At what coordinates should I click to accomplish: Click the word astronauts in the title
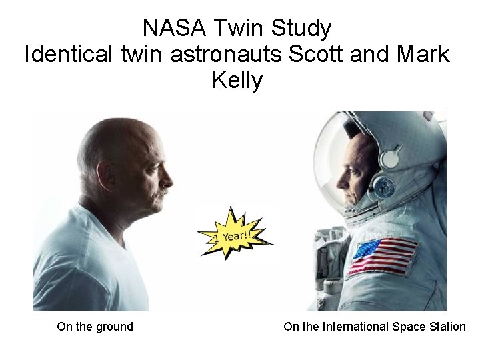point(227,54)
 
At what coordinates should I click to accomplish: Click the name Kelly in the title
point(237,80)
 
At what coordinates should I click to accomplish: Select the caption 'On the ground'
point(95,327)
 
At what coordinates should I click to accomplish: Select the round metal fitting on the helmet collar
point(383,187)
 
